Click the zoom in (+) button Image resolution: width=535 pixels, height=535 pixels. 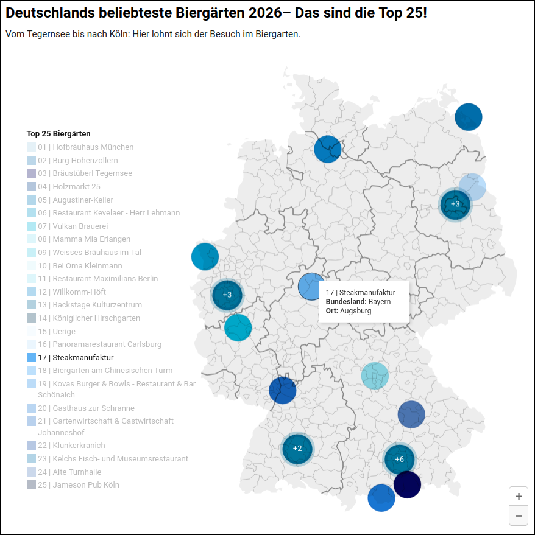coord(519,496)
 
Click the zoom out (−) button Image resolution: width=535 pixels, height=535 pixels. coord(519,516)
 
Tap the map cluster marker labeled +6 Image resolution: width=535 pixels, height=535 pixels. coord(400,459)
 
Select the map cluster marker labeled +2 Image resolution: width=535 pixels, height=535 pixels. coord(297,449)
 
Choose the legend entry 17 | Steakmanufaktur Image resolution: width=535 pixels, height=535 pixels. coord(76,358)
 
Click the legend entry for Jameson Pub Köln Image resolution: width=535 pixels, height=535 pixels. coord(78,485)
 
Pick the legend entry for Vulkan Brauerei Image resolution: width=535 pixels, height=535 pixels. coord(73,226)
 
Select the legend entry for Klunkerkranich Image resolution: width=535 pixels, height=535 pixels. coord(71,446)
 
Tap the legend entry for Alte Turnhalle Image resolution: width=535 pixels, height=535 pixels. coord(69,472)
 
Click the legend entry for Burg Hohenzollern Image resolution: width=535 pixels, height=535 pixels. coord(77,161)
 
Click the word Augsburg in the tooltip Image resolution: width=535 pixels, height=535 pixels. coord(356,311)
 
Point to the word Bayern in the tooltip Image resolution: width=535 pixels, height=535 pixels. coord(380,302)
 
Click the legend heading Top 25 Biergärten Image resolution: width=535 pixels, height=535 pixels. coord(58,133)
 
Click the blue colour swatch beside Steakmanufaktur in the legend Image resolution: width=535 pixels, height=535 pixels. coord(31,358)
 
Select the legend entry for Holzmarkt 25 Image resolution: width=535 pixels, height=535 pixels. coord(69,187)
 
